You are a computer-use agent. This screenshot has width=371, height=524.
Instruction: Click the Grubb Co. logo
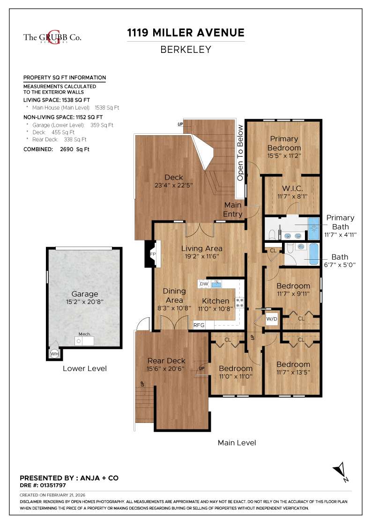click(x=52, y=38)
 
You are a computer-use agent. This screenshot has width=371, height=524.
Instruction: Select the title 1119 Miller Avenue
click(x=186, y=33)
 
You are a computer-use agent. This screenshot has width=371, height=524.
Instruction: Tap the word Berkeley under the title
click(x=186, y=50)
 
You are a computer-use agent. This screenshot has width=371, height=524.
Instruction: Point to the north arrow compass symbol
click(x=341, y=471)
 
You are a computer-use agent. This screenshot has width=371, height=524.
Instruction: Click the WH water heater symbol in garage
click(x=54, y=354)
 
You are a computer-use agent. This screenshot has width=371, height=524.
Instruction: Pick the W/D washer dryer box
click(x=272, y=319)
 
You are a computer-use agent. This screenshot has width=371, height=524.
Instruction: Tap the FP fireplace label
click(x=153, y=254)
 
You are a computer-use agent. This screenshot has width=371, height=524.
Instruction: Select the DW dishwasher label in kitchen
click(x=204, y=284)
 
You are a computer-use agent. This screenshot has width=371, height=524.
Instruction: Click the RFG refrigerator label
click(x=199, y=325)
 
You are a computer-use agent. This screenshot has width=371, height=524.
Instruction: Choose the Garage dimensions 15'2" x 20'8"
click(x=85, y=302)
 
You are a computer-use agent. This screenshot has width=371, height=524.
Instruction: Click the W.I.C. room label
click(x=291, y=188)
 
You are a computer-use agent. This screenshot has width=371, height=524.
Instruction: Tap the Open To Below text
click(x=240, y=153)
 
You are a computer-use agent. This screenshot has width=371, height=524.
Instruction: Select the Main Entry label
click(x=233, y=210)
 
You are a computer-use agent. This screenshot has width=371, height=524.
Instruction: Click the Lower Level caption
click(x=85, y=368)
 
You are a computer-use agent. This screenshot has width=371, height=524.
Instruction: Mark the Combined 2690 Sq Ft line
click(x=56, y=149)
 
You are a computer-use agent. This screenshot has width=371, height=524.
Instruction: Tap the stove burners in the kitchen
click(x=240, y=303)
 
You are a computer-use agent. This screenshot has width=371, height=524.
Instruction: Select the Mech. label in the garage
click(x=85, y=334)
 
